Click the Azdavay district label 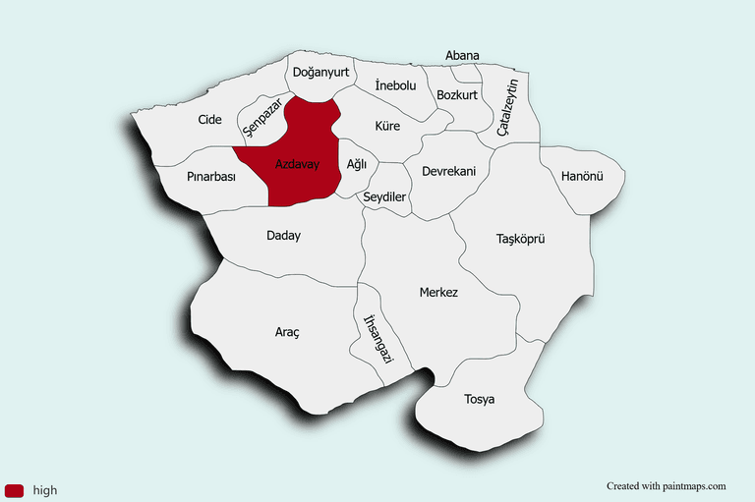tap(297, 163)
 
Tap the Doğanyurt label tap(319, 72)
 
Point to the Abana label tap(462, 56)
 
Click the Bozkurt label tap(457, 95)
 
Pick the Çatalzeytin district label tap(506, 108)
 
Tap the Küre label tap(387, 126)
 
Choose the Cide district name tap(209, 119)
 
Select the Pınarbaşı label tap(211, 177)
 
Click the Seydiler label tap(385, 196)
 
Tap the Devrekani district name tap(448, 171)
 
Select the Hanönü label tap(581, 176)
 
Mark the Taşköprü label tap(520, 239)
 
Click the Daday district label tap(284, 236)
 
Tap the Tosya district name tap(480, 399)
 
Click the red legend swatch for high tap(14, 490)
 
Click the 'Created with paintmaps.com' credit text tap(666, 485)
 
